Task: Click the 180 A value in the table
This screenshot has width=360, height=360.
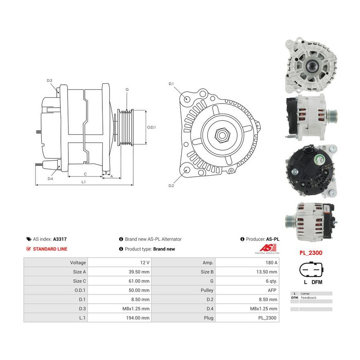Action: tap(271, 262)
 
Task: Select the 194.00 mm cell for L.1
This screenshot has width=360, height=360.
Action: tap(138, 318)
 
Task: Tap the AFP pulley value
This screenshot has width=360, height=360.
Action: tap(272, 290)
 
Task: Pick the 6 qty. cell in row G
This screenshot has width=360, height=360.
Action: tap(271, 281)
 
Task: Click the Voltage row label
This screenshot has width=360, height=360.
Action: tap(78, 262)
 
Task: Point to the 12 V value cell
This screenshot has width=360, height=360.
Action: tap(145, 262)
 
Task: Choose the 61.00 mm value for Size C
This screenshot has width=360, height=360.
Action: tap(139, 281)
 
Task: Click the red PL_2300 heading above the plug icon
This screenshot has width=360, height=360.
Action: tap(311, 253)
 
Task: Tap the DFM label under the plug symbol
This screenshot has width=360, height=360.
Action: tap(317, 282)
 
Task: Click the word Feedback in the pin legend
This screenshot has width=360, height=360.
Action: tap(308, 298)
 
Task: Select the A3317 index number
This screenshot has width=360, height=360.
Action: tap(60, 239)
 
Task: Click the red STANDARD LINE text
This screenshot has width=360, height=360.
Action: tap(50, 249)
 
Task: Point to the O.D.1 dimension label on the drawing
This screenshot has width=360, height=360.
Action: tap(151, 127)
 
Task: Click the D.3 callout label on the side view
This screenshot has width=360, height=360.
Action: tap(49, 80)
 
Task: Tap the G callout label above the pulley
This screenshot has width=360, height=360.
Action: tap(127, 90)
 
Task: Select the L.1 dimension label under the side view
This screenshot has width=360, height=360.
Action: tap(84, 182)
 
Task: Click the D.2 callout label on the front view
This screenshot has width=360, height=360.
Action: tap(171, 186)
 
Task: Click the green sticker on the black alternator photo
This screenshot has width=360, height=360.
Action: tap(318, 159)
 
